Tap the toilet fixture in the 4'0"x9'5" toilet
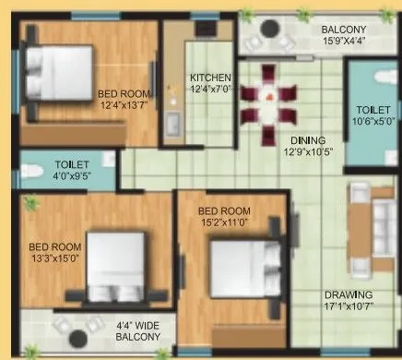click(x=30, y=172)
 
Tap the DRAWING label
click(x=348, y=297)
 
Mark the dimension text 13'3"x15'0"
click(x=53, y=259)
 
